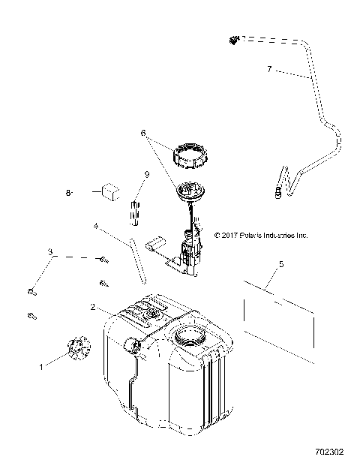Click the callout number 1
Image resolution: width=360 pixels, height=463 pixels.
coord(42,366)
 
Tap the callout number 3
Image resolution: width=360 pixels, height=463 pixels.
coord(51,251)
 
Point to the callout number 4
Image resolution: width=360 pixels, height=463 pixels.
coord(96,224)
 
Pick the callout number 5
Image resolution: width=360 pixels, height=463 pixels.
coord(280,264)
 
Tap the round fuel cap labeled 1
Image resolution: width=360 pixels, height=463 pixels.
coord(76,347)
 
